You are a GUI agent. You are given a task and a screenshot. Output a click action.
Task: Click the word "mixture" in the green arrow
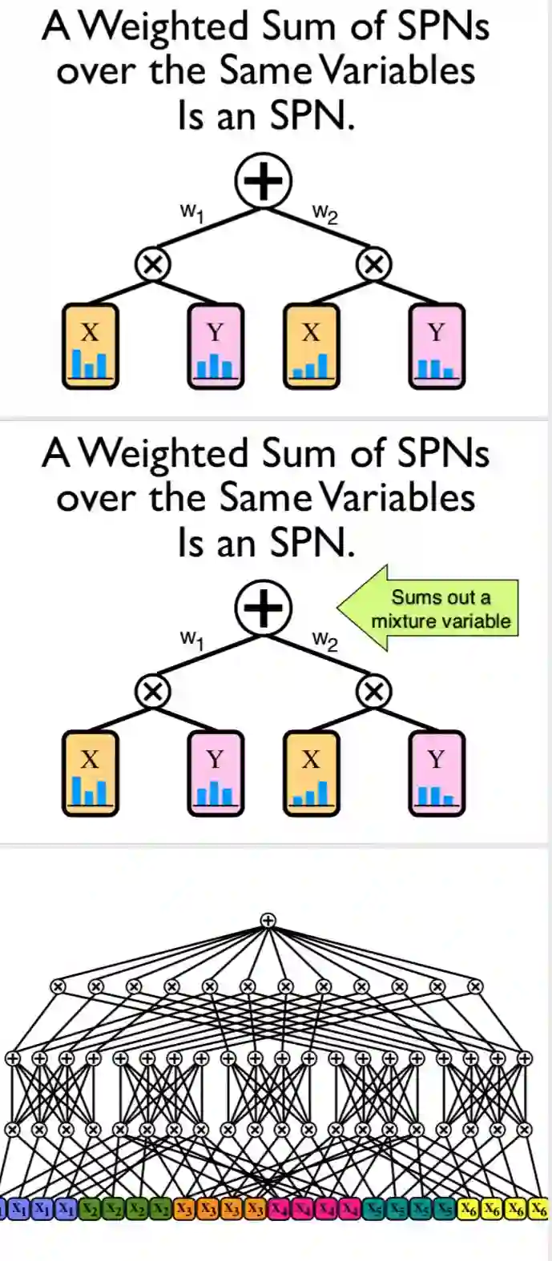click(x=400, y=621)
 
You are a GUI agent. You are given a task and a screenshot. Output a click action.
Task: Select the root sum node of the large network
click(x=268, y=921)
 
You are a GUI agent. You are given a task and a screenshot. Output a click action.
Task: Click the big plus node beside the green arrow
click(x=264, y=607)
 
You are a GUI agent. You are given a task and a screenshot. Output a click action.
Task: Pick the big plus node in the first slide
click(x=264, y=180)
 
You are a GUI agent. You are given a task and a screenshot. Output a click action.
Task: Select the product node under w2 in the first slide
click(x=373, y=263)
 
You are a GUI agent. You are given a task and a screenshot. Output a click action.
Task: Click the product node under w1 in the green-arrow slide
click(x=152, y=690)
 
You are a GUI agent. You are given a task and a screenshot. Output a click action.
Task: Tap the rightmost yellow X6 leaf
click(x=539, y=1208)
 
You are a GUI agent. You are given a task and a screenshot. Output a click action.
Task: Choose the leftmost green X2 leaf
click(x=91, y=1208)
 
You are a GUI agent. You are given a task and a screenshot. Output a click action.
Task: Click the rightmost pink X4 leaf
click(x=350, y=1208)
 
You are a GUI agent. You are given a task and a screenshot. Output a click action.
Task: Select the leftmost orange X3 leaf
click(x=185, y=1208)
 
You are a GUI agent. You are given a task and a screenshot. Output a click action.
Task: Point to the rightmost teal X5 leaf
click(x=445, y=1208)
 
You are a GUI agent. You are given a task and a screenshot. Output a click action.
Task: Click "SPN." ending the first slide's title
click(x=312, y=116)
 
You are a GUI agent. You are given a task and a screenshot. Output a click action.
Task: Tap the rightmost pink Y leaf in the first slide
click(x=436, y=347)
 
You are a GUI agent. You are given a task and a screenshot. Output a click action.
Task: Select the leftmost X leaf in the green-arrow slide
click(x=90, y=773)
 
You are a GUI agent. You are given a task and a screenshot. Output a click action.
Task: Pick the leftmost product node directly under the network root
click(x=58, y=986)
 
